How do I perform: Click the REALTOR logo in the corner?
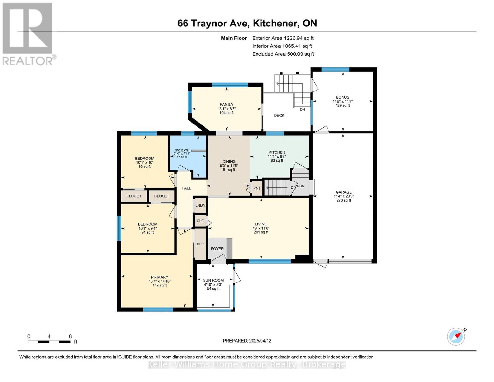28,34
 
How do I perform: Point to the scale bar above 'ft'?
49,342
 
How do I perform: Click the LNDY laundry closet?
200,205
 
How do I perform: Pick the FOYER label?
217,249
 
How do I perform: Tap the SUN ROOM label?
213,280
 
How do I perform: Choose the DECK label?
279,115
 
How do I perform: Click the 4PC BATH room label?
182,150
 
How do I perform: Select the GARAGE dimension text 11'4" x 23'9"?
344,196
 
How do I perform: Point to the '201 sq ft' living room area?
261,232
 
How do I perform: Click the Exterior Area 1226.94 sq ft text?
283,38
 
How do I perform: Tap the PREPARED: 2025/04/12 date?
247,341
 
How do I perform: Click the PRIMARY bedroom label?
160,277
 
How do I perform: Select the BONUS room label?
343,97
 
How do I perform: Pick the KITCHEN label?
277,152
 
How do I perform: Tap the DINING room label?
229,162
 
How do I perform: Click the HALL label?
186,188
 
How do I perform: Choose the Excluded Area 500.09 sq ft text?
283,54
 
